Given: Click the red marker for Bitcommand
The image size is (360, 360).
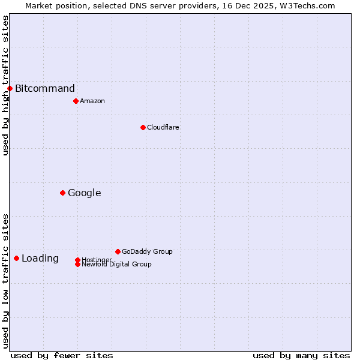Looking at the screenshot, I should [x=10, y=89].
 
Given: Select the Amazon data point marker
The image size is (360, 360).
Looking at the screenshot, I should [x=76, y=101].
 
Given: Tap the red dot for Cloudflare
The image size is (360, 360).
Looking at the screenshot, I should [x=143, y=127].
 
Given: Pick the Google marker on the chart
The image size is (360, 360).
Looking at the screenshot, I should [x=62, y=193].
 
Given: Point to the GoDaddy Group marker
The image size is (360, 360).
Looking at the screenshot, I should [x=118, y=251].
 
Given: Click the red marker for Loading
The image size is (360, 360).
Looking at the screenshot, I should [x=16, y=259].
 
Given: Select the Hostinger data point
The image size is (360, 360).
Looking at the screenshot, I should [x=77, y=260].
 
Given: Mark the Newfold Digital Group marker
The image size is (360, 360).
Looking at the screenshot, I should [x=77, y=265].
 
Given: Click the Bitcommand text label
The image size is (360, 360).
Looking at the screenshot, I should [x=45, y=89].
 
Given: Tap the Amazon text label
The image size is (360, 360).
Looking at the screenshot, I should [x=92, y=101].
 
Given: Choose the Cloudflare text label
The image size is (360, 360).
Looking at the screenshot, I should [x=163, y=127].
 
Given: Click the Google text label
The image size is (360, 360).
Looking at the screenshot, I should [x=85, y=193].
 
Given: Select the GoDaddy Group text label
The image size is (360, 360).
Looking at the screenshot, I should [x=147, y=251].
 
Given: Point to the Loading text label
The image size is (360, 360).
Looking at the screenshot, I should [x=40, y=259].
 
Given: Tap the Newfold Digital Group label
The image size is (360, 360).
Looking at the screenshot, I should [x=117, y=265].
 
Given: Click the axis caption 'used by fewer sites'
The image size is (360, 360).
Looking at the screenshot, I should [x=62, y=355].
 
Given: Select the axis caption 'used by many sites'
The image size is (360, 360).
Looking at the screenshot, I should [x=301, y=355].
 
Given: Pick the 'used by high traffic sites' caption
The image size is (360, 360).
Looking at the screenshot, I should [x=5, y=85].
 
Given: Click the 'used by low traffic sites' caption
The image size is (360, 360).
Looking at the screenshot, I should [x=5, y=281].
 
